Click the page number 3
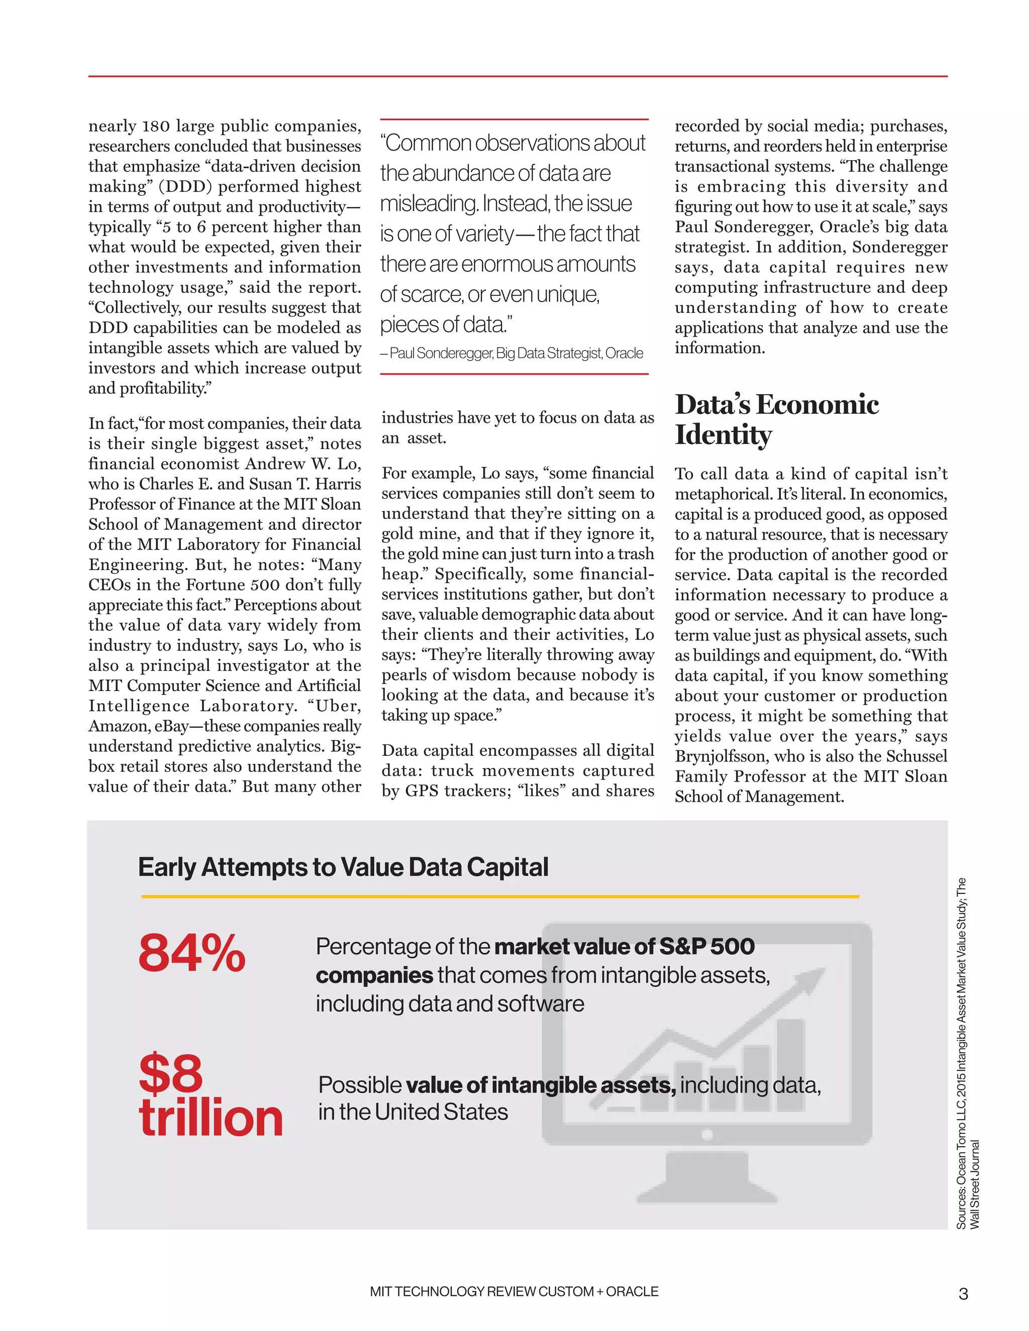pos(963,1293)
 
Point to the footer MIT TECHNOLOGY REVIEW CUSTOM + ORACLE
pos(514,1291)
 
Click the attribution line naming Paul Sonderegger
pos(512,354)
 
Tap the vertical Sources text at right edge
pos(967,1054)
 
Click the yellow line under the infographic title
pos(500,897)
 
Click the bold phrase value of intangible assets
pos(540,1085)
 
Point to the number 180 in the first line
pos(156,126)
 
